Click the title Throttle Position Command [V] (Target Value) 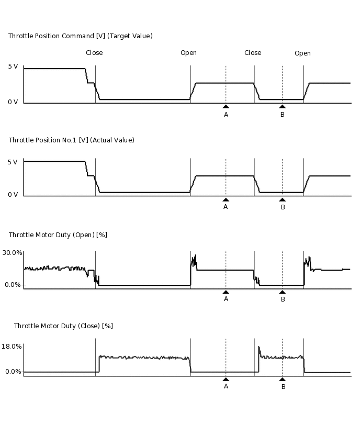(x=81, y=36)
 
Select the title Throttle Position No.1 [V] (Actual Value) (x=72, y=140)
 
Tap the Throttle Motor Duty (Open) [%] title (x=58, y=235)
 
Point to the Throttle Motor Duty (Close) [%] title (x=63, y=326)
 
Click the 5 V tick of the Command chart (x=13, y=67)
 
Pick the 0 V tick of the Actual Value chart (x=13, y=195)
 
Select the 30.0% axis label (x=13, y=253)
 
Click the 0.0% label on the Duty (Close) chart (x=13, y=372)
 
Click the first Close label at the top (x=94, y=53)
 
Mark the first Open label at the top (x=188, y=53)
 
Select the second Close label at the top (x=253, y=53)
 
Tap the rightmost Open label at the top (x=302, y=53)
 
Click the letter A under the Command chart (x=226, y=115)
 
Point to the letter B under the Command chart (x=283, y=115)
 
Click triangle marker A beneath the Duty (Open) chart (x=226, y=292)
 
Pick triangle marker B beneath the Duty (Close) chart (x=283, y=379)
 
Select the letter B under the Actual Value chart (x=283, y=207)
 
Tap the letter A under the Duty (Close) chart (x=226, y=386)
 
